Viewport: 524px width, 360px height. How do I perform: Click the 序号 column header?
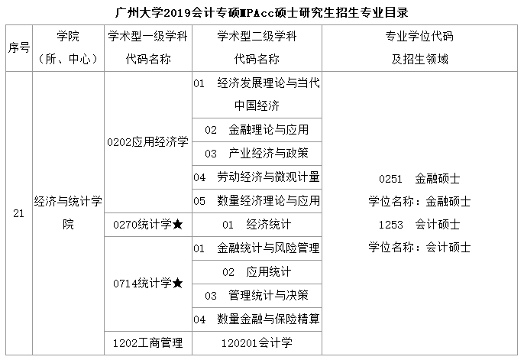18,47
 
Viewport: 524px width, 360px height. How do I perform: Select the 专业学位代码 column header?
419,47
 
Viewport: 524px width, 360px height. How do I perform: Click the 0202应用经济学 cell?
148,142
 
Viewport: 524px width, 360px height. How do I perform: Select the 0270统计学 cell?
148,225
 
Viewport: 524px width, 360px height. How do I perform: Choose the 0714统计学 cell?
148,284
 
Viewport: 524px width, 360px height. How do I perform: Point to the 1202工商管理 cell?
148,342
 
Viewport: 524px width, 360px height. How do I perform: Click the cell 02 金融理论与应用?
257,129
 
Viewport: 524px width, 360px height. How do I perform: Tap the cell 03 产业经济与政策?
257,153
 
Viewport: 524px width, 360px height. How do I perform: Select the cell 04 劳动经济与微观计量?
257,177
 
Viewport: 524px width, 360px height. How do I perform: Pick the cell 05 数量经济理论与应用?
257,201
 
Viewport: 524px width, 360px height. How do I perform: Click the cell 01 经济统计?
257,225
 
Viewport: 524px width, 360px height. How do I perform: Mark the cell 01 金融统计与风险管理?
257,248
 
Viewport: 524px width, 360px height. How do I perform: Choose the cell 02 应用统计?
257,271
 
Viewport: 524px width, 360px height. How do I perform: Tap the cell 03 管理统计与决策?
257,295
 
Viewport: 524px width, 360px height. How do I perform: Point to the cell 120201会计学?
257,342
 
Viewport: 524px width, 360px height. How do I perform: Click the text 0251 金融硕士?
419,178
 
